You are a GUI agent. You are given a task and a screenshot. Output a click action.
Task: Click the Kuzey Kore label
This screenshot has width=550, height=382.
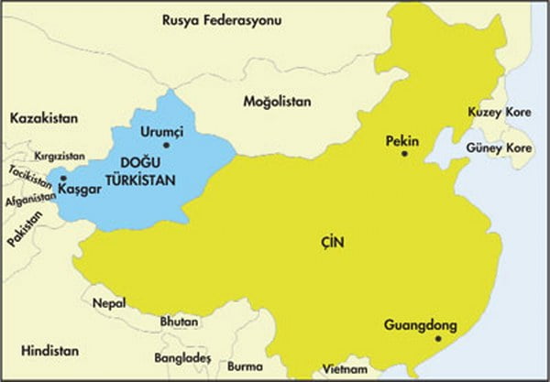click(x=499, y=111)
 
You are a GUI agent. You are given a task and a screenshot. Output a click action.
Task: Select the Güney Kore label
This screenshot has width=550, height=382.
click(x=499, y=147)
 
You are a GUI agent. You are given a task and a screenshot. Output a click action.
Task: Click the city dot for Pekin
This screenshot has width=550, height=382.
click(x=403, y=154)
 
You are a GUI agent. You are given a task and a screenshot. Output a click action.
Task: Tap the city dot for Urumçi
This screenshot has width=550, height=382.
click(x=166, y=145)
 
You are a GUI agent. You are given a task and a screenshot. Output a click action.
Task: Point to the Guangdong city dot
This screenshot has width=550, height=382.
click(x=437, y=340)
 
